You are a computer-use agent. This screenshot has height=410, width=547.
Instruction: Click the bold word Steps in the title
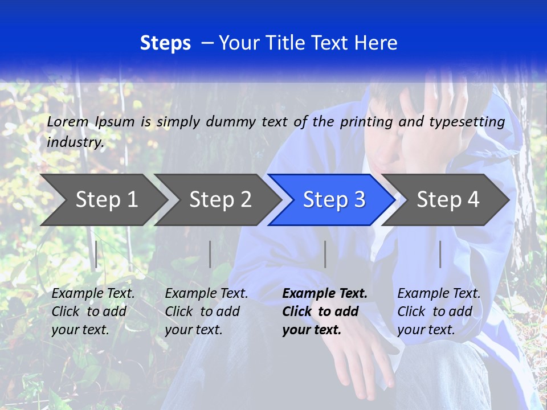[x=165, y=43]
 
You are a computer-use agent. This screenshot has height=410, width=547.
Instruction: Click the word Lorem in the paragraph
[x=68, y=121]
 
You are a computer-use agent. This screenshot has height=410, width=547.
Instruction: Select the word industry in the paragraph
[x=75, y=142]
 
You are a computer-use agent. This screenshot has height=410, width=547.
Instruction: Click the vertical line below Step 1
[x=96, y=254]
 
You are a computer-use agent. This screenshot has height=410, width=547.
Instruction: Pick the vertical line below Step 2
[x=210, y=254]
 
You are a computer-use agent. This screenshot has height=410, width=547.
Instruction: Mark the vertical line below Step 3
[x=325, y=254]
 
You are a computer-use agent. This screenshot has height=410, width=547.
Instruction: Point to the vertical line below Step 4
[x=440, y=254]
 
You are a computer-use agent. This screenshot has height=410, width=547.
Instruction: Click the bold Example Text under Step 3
[x=325, y=294]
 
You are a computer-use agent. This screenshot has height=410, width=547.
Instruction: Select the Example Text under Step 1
[x=93, y=294]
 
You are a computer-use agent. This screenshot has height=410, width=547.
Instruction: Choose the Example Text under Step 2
[x=206, y=294]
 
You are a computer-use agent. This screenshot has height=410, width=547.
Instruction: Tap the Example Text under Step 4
[x=439, y=294]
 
